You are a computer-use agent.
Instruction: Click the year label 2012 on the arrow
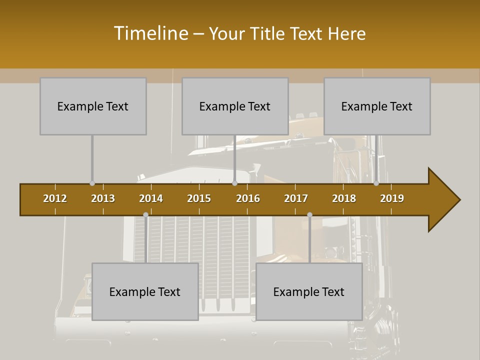(55, 198)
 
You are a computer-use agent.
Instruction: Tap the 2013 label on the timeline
(103, 198)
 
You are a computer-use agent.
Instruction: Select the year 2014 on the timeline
(151, 198)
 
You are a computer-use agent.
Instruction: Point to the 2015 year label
(199, 198)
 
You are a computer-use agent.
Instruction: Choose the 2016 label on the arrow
(248, 198)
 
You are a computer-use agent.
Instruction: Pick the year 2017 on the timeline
(296, 198)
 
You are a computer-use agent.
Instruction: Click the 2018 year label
(344, 198)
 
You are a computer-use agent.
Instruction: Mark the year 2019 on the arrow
(392, 198)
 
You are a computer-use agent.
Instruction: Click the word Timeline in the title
(150, 33)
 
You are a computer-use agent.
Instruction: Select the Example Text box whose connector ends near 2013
(93, 106)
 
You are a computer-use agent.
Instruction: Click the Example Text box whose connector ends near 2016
(235, 106)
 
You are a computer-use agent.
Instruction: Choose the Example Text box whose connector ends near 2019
(377, 106)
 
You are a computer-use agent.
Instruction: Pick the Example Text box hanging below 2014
(145, 291)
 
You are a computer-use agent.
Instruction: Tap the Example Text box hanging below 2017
(309, 291)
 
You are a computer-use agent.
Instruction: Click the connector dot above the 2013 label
(92, 183)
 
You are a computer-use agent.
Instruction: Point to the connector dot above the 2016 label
(234, 183)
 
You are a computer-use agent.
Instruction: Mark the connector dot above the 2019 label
(376, 183)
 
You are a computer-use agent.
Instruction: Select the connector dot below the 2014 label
(145, 215)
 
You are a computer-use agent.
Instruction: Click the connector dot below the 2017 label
(309, 215)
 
